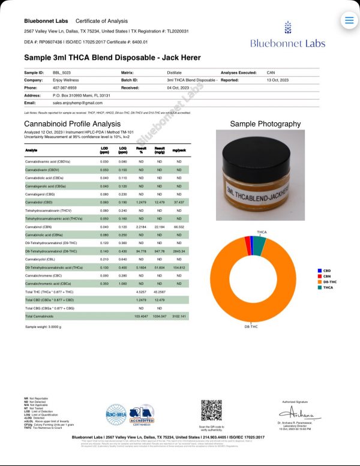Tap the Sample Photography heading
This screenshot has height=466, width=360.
265,124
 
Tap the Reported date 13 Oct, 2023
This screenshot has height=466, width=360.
278,79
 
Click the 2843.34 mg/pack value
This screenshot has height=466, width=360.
179,251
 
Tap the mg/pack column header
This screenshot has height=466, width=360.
179,151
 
